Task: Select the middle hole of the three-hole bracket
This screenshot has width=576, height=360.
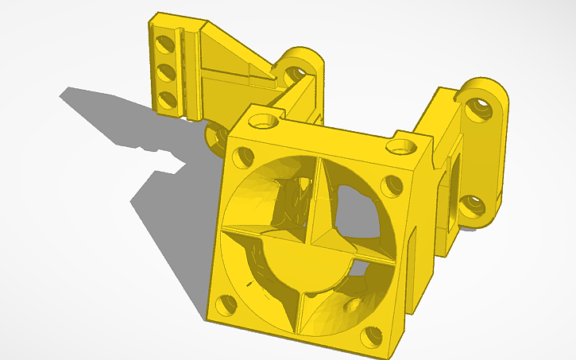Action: [x=166, y=71]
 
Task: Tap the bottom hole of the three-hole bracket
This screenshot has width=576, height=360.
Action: [x=167, y=99]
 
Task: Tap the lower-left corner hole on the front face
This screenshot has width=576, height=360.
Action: [x=227, y=304]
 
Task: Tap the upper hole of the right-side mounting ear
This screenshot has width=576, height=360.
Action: [x=479, y=110]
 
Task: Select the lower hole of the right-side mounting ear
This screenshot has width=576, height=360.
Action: [x=474, y=206]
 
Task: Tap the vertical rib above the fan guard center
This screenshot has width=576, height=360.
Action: [x=317, y=199]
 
